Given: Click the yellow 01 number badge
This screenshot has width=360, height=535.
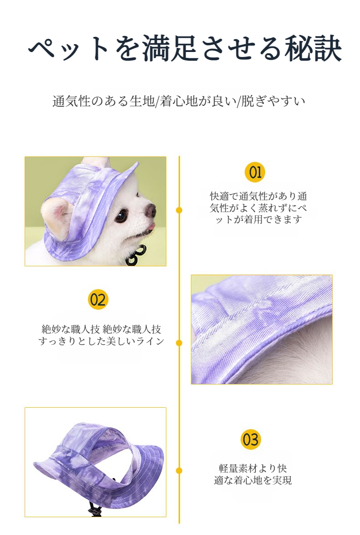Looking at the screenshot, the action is [255, 172].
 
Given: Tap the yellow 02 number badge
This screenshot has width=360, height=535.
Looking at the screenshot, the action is [98, 300].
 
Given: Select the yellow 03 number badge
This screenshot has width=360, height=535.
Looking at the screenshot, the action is [251, 440].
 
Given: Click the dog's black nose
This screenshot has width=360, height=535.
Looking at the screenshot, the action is [150, 211].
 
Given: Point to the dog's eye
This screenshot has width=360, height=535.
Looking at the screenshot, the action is [121, 216].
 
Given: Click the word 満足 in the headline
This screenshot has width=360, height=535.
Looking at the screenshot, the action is [170, 48].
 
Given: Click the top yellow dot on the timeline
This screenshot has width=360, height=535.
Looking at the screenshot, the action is [179, 210].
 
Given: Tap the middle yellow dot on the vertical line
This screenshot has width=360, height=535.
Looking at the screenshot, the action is [179, 343].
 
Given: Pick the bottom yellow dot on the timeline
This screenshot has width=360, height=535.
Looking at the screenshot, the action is [179, 471].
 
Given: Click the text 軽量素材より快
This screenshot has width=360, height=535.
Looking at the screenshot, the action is [252, 468].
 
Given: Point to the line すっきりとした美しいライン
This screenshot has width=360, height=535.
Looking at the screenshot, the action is [101, 341].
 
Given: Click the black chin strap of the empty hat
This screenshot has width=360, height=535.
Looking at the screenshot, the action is [93, 509].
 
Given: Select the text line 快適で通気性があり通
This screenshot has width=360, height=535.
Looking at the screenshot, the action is [258, 196].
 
